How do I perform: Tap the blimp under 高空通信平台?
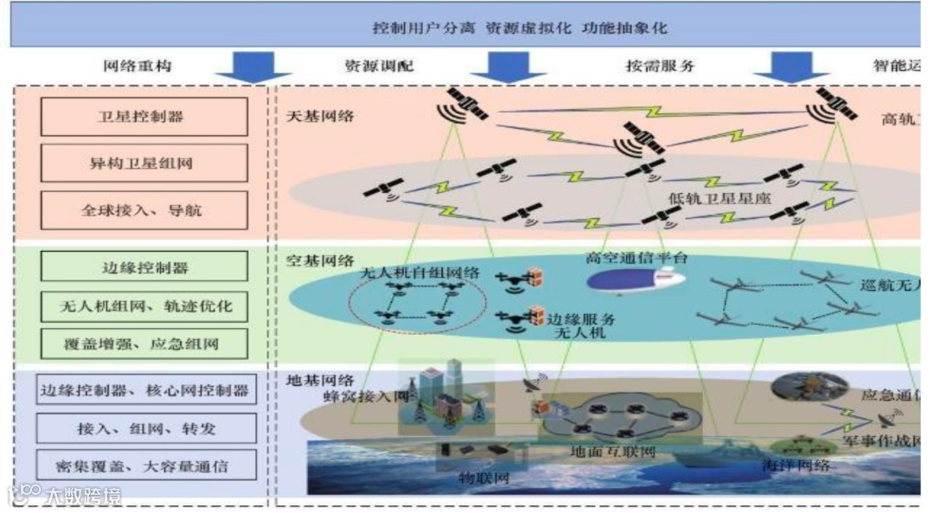(636, 280)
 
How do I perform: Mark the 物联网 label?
(480, 476)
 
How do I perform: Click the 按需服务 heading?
(660, 66)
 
